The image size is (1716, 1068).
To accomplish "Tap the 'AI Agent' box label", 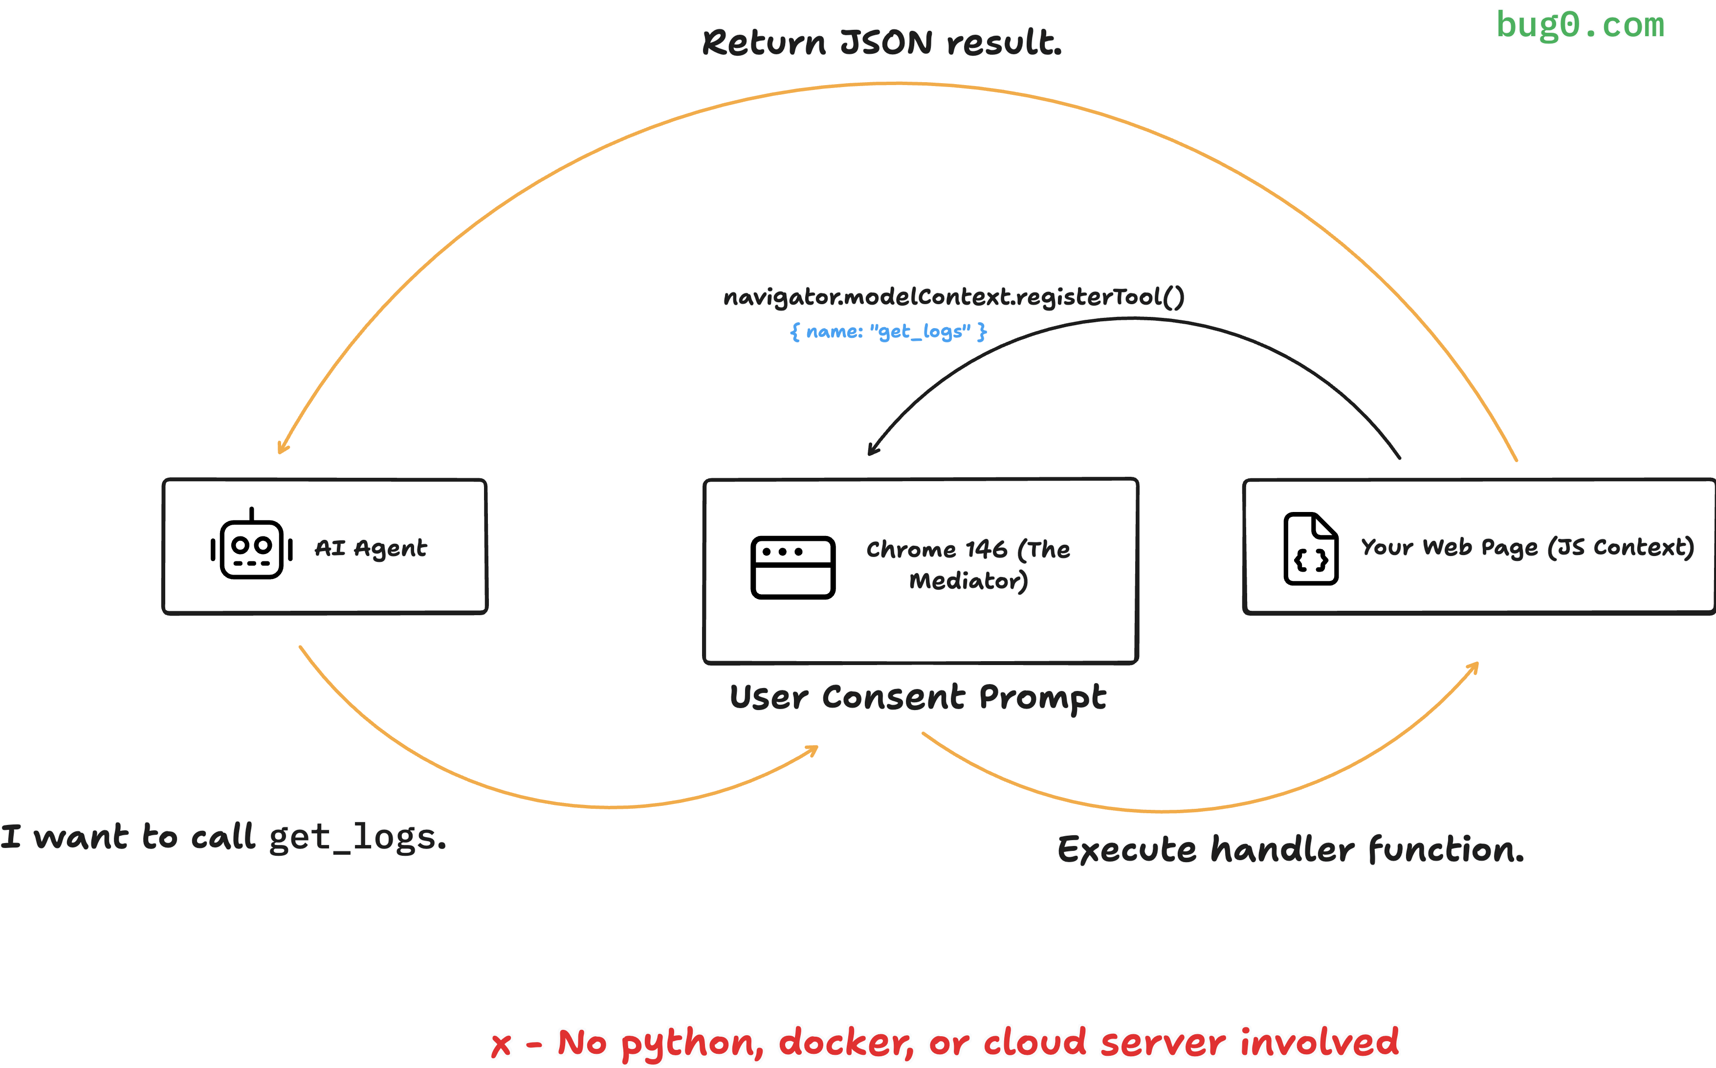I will pyautogui.click(x=370, y=548).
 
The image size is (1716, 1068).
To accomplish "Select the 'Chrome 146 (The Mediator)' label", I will pyautogui.click(x=968, y=564).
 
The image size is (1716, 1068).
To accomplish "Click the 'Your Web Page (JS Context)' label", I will pyautogui.click(x=1527, y=547).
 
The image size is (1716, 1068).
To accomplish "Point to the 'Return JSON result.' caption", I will pyautogui.click(x=881, y=43).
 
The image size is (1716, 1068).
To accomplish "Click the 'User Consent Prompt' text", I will pyautogui.click(x=917, y=697).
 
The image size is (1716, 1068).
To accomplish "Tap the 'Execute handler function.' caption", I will pyautogui.click(x=1290, y=849).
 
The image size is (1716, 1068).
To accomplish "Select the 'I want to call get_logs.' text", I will pyautogui.click(x=223, y=837).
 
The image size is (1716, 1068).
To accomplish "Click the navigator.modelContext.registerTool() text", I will pyautogui.click(x=953, y=297).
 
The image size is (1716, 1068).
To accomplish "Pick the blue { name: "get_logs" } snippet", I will pyautogui.click(x=888, y=331).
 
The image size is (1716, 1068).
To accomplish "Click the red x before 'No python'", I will pyautogui.click(x=502, y=1045).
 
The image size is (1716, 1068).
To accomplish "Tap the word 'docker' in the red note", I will pyautogui.click(x=845, y=1043).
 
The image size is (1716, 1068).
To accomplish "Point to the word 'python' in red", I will pyautogui.click(x=692, y=1044).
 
